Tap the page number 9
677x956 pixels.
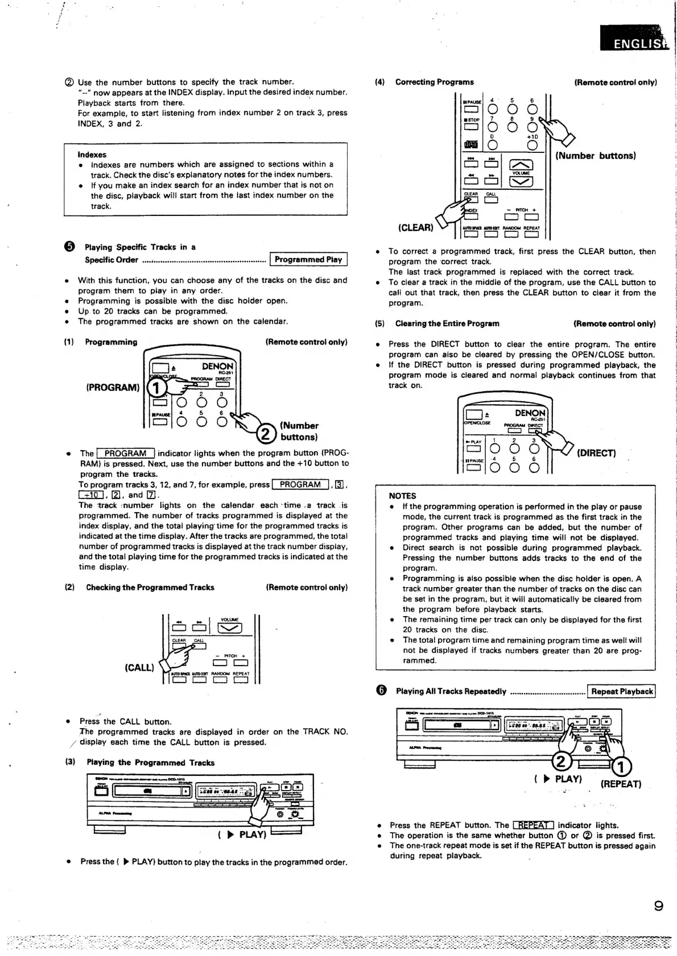(658, 906)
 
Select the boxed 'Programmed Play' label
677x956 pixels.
(308, 260)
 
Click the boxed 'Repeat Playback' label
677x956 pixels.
(621, 692)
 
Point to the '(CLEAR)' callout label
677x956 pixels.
(415, 228)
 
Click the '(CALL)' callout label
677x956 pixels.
(139, 667)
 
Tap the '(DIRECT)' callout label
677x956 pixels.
(596, 453)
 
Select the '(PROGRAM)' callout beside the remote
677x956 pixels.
(113, 388)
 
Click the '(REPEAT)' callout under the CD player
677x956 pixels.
(621, 784)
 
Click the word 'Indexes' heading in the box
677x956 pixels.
(92, 155)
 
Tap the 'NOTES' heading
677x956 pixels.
(402, 496)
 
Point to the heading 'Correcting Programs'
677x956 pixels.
(434, 82)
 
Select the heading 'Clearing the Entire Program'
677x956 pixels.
(447, 324)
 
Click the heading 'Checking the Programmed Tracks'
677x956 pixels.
(150, 588)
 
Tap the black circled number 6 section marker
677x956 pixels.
(381, 691)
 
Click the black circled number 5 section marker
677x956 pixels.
(69, 247)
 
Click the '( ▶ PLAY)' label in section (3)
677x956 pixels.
(242, 835)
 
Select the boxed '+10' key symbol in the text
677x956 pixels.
(90, 495)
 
